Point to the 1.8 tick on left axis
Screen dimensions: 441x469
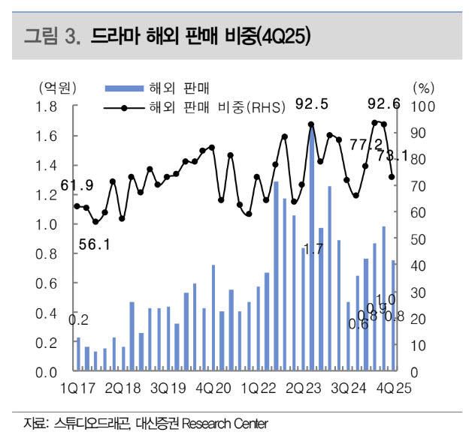click(x=49, y=106)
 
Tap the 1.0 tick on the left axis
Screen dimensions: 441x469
click(x=49, y=224)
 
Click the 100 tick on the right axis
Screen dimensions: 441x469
click(x=423, y=106)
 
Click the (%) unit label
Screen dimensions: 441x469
click(x=424, y=88)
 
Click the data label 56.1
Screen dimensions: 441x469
click(x=95, y=244)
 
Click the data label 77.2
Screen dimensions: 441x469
click(x=367, y=144)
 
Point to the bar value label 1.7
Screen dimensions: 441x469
click(x=312, y=248)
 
